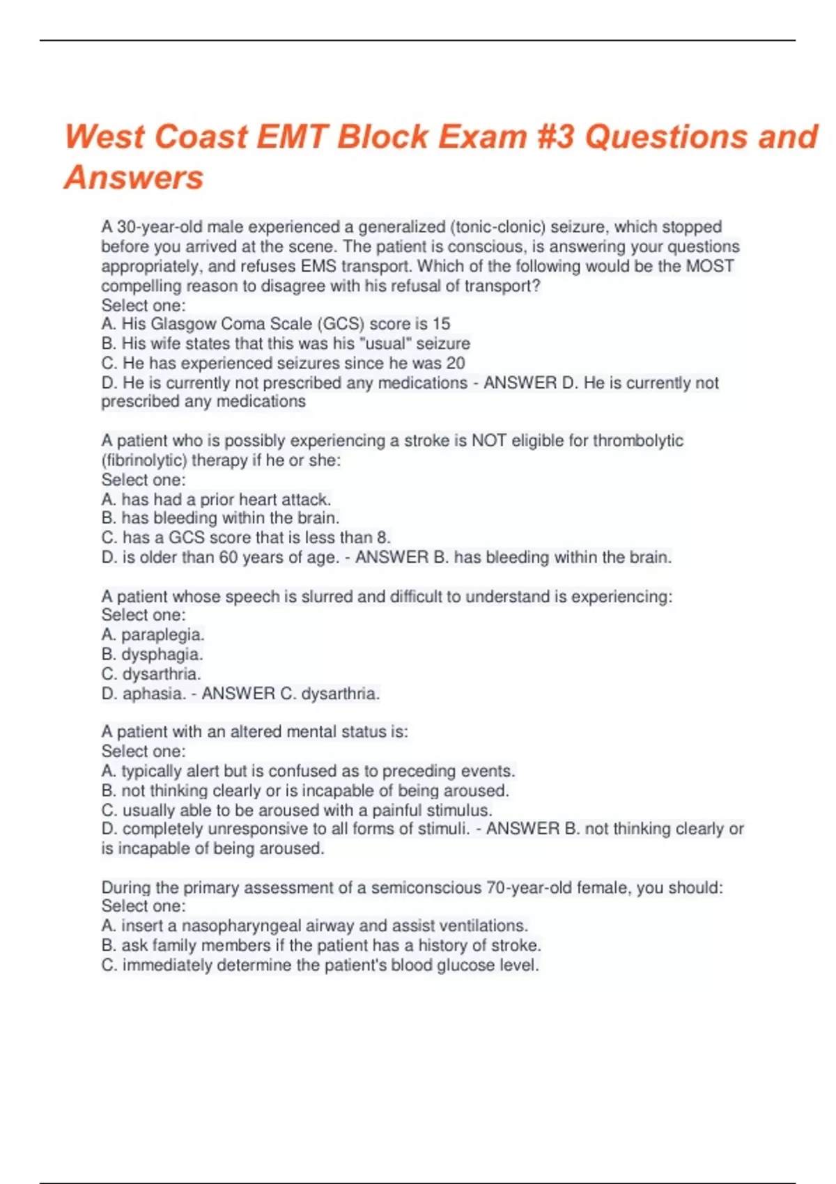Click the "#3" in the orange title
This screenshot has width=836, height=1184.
click(556, 137)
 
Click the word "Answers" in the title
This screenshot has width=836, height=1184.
click(134, 178)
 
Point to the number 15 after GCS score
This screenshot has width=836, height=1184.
click(441, 324)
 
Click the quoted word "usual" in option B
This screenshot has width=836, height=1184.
click(391, 343)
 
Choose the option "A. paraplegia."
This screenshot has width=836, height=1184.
click(153, 634)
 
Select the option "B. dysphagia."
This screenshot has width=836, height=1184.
click(152, 654)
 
